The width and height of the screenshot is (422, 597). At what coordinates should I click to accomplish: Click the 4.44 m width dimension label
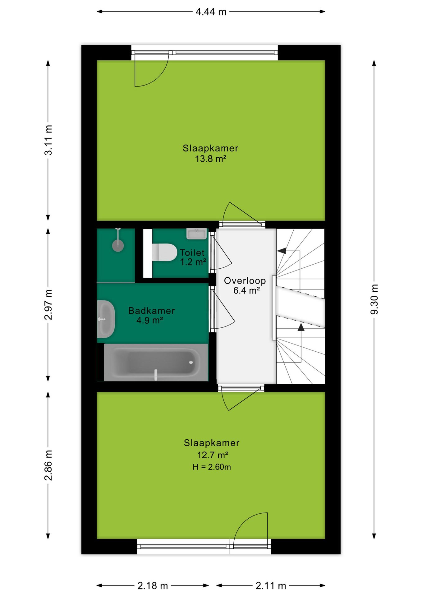click(x=211, y=12)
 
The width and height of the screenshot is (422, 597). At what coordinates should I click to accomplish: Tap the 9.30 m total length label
click(x=374, y=299)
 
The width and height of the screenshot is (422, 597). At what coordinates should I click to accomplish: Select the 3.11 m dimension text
click(x=48, y=140)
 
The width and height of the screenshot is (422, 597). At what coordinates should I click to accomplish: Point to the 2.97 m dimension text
click(x=48, y=304)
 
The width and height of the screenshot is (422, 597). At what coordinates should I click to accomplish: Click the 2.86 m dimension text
click(x=48, y=465)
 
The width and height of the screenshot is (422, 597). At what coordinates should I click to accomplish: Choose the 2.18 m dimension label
click(x=153, y=586)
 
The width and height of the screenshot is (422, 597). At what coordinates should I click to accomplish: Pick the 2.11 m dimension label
click(x=271, y=586)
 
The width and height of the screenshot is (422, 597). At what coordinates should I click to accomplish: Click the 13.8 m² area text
click(x=210, y=159)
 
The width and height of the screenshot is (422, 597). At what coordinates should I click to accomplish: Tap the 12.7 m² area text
click(x=213, y=455)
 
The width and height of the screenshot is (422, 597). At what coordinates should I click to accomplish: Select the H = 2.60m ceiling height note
click(x=212, y=467)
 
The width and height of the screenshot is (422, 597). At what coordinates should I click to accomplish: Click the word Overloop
click(x=245, y=281)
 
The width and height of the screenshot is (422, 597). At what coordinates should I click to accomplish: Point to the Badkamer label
click(x=152, y=311)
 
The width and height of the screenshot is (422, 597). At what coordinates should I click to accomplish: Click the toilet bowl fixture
click(x=164, y=252)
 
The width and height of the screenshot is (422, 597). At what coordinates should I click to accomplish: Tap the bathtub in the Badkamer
click(x=156, y=362)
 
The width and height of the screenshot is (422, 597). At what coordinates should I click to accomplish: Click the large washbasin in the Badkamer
click(x=106, y=319)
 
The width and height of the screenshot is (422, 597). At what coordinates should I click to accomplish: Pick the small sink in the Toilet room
click(x=196, y=234)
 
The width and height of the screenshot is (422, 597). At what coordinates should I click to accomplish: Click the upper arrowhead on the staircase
click(x=282, y=251)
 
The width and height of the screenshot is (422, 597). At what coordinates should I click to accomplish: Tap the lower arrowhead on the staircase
click(x=301, y=327)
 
